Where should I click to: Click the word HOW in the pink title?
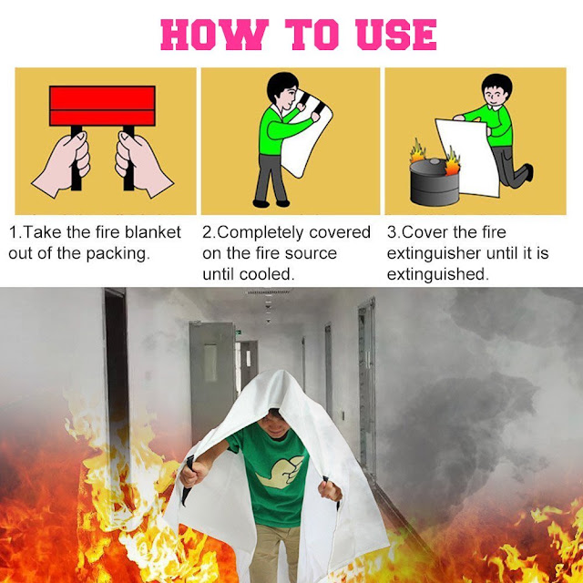215,35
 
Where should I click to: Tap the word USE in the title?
396,35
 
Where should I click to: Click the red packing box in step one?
102,106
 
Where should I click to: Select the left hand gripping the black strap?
64,164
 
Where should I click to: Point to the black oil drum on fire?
435,182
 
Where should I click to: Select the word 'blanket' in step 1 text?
153,232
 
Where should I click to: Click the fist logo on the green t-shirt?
281,472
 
